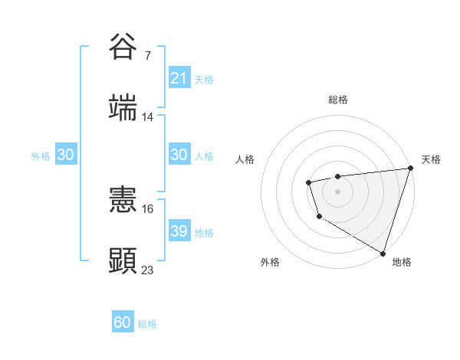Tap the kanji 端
click(123, 107)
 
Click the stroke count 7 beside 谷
click(148, 56)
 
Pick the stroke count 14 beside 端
click(148, 117)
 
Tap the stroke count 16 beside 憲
click(148, 208)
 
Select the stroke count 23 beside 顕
click(148, 270)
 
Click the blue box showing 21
click(179, 78)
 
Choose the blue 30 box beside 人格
click(179, 155)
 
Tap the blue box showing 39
click(179, 231)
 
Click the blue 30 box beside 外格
click(65, 155)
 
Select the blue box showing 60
click(123, 322)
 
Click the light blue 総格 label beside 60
click(147, 324)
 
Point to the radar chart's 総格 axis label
click(337, 100)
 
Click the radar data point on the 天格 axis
click(409, 169)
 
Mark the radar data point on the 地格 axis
click(382, 251)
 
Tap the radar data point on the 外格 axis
click(319, 217)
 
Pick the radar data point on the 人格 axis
click(308, 182)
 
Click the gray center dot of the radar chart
click(337, 191)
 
